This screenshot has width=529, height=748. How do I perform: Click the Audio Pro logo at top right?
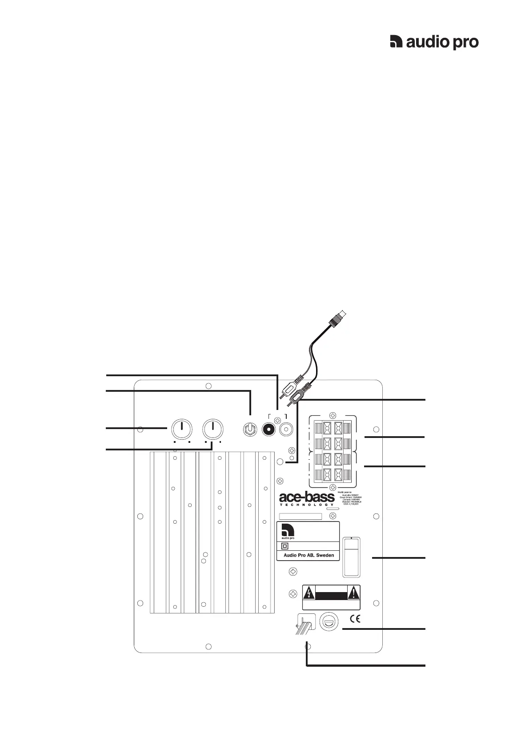434,42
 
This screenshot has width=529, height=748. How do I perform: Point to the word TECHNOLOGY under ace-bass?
307,505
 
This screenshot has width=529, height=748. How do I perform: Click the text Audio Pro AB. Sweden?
309,555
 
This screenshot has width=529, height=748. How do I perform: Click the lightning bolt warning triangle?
309,592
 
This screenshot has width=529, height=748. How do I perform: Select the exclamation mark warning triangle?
353,592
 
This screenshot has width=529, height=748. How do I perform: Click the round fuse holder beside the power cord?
330,621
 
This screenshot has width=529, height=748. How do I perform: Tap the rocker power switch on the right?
351,557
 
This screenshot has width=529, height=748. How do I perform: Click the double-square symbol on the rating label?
285,546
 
